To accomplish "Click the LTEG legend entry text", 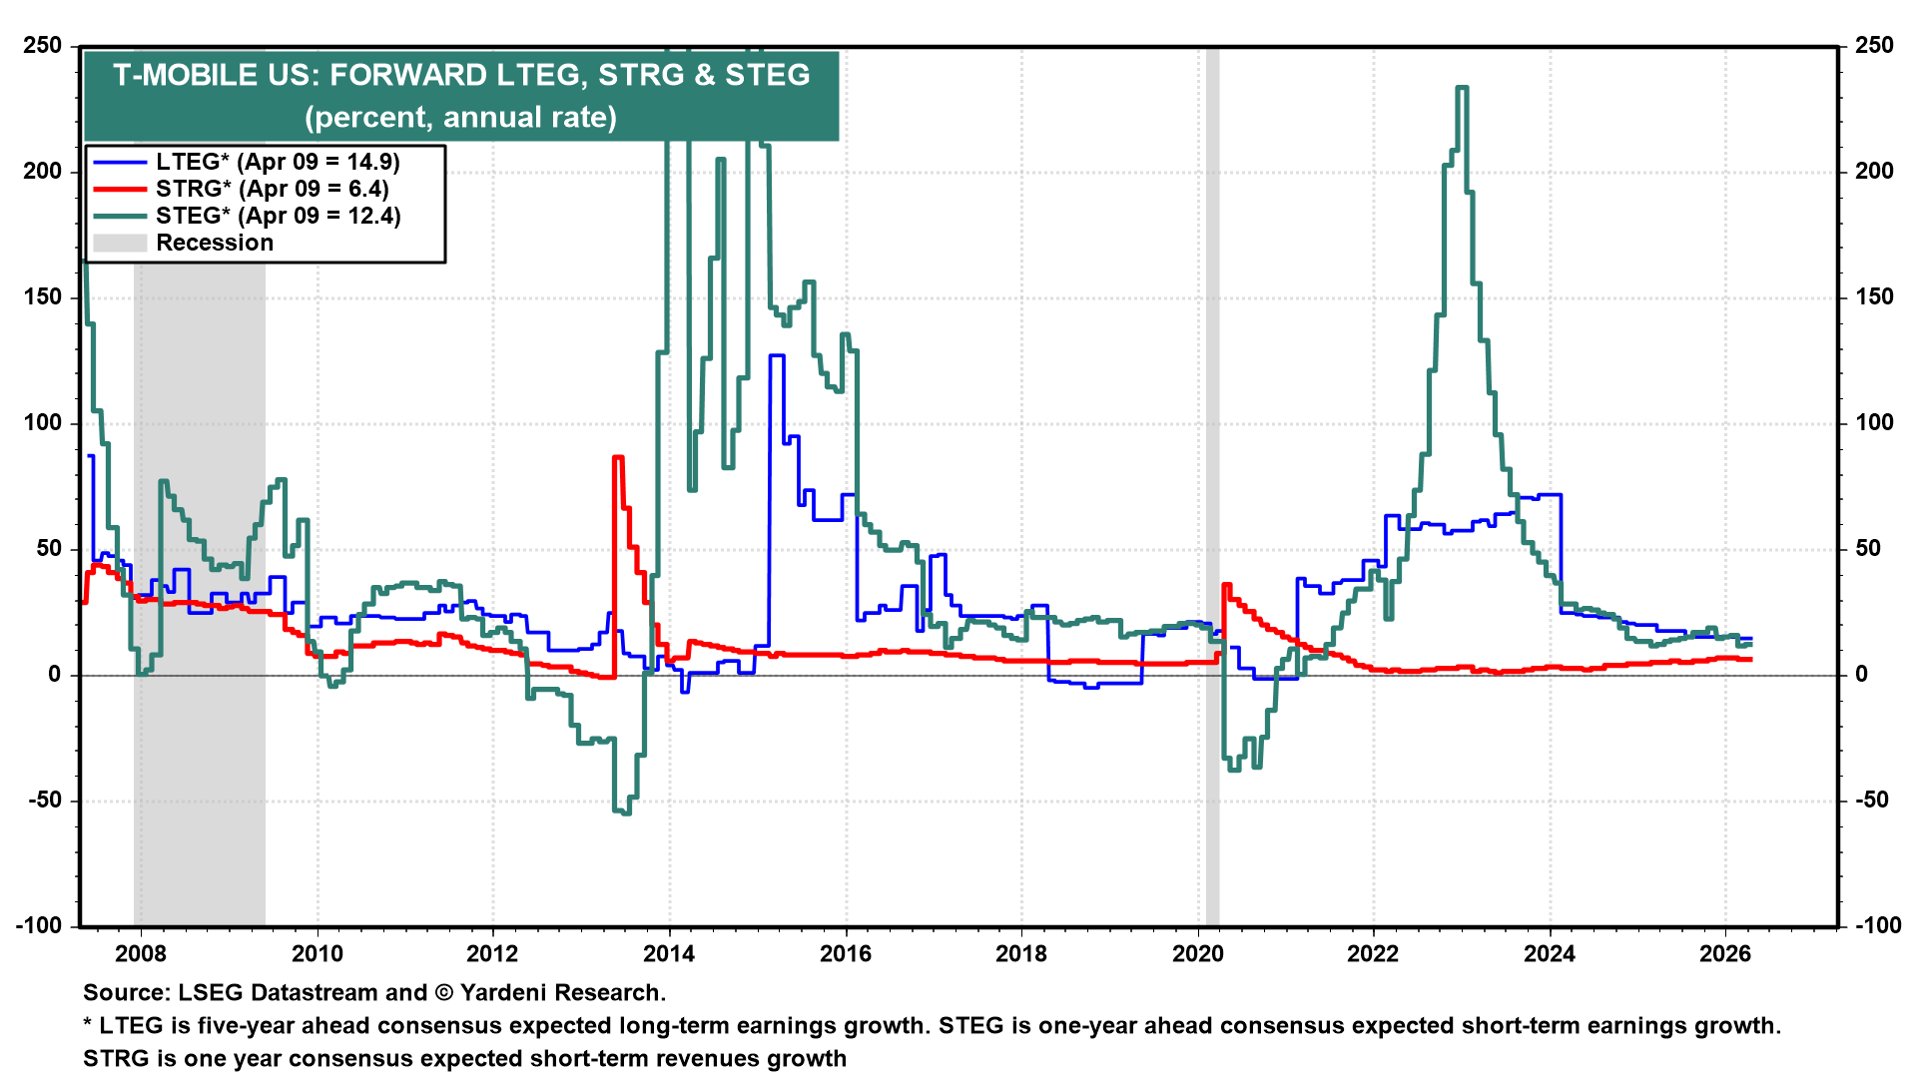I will pos(278,162).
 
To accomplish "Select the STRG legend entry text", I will pos(272,189).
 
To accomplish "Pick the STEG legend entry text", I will pos(278,216).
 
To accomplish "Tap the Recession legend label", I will pos(215,243).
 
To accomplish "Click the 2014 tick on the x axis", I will pos(669,953).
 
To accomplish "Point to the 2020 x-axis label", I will pos(1197,953).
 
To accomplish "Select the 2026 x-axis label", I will pos(1725,953).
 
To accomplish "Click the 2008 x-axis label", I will pos(141,953).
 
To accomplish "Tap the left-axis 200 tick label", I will pos(42,171).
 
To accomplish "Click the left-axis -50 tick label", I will pos(42,801).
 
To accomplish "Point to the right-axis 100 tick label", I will pos(1874,422).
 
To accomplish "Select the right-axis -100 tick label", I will pos(1877,925).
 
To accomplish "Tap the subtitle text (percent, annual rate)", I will pos(460,117).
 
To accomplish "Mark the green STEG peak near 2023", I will pos(1461,88).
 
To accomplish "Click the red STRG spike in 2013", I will pos(618,457).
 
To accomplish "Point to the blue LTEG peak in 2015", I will pos(776,355).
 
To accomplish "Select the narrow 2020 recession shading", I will pos(1212,499).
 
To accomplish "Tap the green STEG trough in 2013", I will pos(623,811).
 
